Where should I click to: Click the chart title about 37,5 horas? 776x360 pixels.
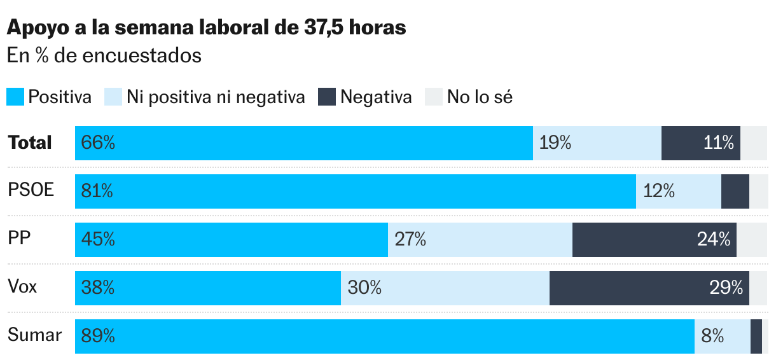tap(206, 28)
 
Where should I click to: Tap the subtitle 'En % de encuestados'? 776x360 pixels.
tap(104, 56)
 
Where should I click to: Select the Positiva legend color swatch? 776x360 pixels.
tap(15, 97)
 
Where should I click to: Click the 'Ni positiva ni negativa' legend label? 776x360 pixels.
tap(216, 97)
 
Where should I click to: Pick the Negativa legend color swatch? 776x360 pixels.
tap(326, 97)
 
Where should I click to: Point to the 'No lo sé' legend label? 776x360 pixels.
tap(480, 97)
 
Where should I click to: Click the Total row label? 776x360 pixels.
tap(30, 142)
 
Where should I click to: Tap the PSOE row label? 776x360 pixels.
tap(31, 191)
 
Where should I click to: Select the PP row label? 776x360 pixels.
tap(20, 239)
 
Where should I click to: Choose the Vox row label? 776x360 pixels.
tap(23, 287)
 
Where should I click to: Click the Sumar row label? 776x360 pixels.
tap(34, 336)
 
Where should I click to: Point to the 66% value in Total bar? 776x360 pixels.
tap(98, 143)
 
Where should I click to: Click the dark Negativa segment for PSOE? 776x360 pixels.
tap(735, 191)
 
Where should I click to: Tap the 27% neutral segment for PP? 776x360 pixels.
tap(480, 240)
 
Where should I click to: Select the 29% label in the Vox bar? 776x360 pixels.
tap(726, 288)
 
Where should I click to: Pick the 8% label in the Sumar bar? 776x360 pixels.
tap(712, 336)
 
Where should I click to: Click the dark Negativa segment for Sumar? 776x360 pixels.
tap(756, 336)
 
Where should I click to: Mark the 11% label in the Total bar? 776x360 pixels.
tap(719, 143)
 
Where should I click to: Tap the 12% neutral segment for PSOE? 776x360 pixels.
tap(678, 191)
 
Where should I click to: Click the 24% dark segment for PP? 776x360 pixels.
tap(654, 240)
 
